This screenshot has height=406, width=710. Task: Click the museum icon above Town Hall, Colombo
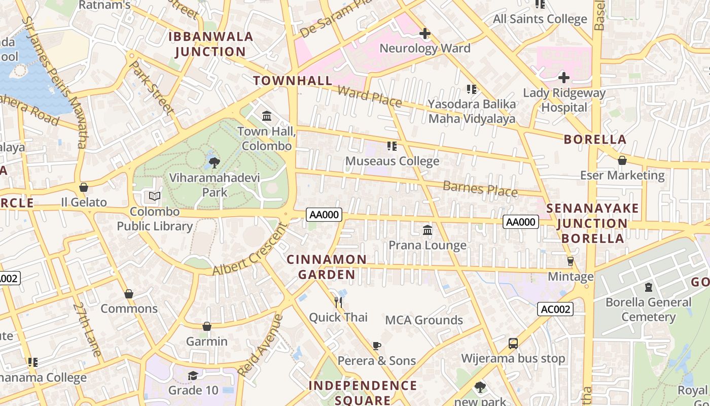pyautogui.click(x=267, y=116)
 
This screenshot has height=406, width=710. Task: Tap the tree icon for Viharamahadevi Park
pyautogui.click(x=215, y=162)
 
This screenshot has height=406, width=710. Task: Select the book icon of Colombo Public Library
pyautogui.click(x=155, y=196)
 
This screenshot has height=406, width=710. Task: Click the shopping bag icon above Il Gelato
pyautogui.click(x=84, y=187)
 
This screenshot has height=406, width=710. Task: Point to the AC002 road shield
pyautogui.click(x=555, y=309)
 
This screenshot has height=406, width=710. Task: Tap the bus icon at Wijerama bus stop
pyautogui.click(x=513, y=344)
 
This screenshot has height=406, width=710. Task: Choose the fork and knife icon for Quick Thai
pyautogui.click(x=338, y=302)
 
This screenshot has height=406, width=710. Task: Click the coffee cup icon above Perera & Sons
pyautogui.click(x=376, y=346)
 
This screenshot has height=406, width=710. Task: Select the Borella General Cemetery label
pyautogui.click(x=648, y=310)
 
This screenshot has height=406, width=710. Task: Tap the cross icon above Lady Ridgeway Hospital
pyautogui.click(x=563, y=78)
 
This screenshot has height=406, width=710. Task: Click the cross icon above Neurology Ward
pyautogui.click(x=425, y=33)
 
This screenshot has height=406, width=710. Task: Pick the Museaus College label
pyautogui.click(x=392, y=161)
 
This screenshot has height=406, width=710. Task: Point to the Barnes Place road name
pyautogui.click(x=480, y=189)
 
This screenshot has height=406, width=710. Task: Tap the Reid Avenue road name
pyautogui.click(x=260, y=345)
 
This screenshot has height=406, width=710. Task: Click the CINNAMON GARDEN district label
pyautogui.click(x=327, y=267)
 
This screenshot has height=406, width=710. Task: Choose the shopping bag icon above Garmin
pyautogui.click(x=206, y=326)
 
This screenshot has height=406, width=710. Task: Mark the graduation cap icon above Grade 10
pyautogui.click(x=193, y=376)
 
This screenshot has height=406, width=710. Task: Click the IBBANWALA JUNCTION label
pyautogui.click(x=210, y=44)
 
